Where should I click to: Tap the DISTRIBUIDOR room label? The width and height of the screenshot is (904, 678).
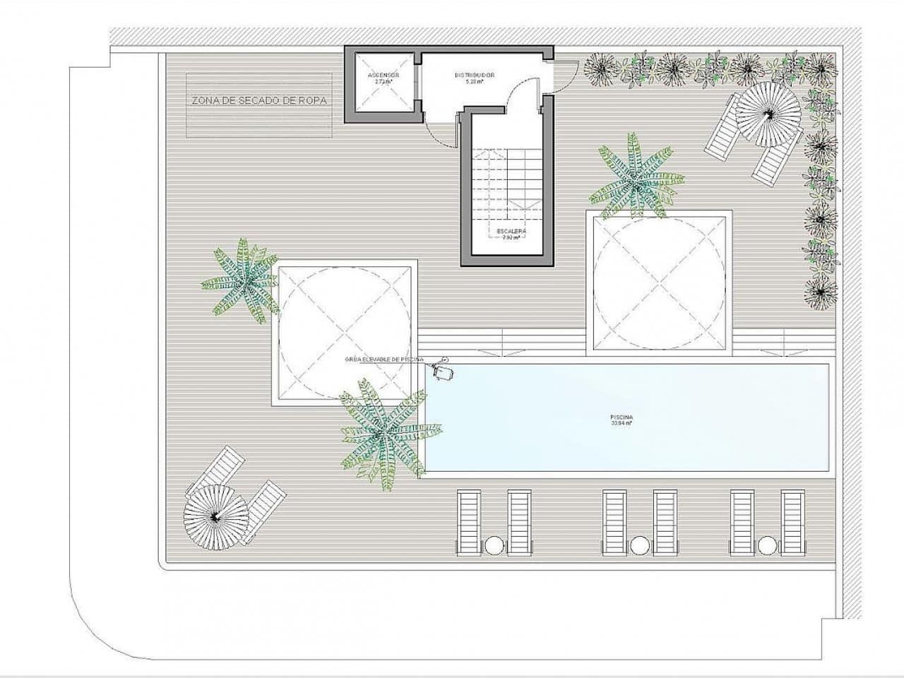(474, 74)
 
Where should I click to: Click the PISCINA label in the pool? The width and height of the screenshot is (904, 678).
(622, 417)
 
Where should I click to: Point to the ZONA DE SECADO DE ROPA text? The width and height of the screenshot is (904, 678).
(259, 100)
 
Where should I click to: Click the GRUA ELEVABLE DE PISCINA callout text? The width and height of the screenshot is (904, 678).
(383, 359)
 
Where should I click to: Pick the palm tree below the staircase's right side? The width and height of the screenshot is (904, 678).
(635, 180)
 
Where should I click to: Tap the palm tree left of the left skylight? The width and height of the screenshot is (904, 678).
(242, 280)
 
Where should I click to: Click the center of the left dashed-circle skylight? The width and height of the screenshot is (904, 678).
(345, 333)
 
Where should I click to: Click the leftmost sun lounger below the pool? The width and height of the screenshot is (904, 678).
(468, 522)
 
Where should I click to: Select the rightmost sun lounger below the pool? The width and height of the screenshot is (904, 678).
(792, 522)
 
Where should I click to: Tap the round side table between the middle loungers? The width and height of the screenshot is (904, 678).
(639, 545)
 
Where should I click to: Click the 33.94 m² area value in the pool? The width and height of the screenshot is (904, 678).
(622, 424)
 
